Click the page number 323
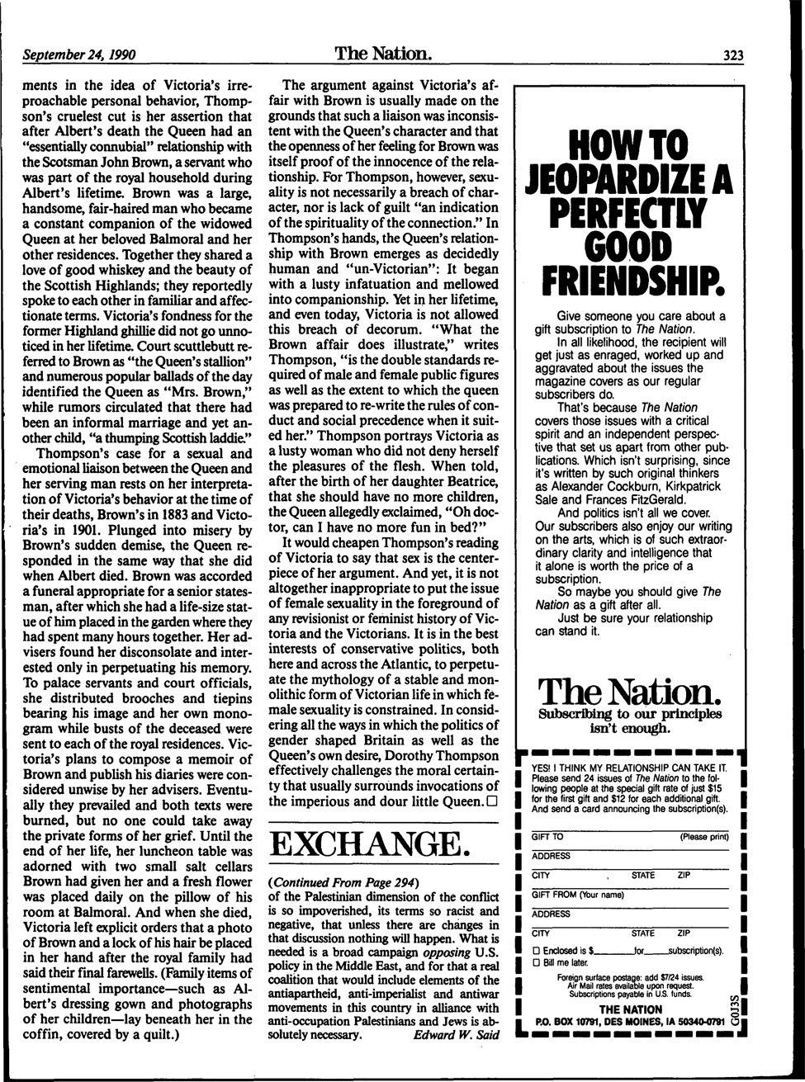733,57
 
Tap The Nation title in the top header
383,54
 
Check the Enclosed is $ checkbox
537,951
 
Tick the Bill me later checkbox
537,962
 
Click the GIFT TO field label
547,837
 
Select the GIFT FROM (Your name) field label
578,895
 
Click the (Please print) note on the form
703,837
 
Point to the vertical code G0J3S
734,1007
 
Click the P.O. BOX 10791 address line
630,1022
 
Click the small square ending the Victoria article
493,801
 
